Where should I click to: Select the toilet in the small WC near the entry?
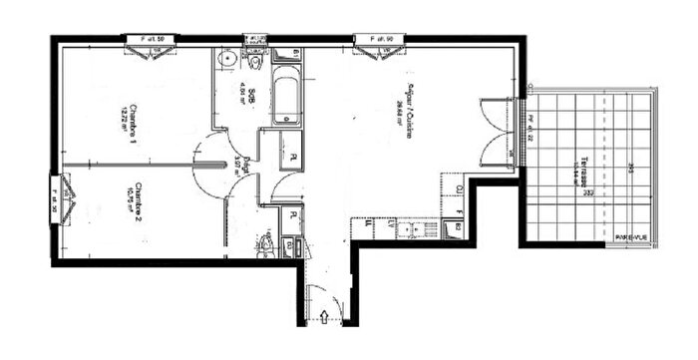pos(266,243)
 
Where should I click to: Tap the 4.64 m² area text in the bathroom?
pos(242,101)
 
